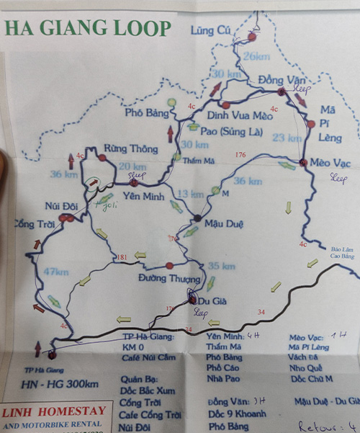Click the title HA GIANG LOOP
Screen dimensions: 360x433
click(88, 28)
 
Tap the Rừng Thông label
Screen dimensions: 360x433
click(130, 148)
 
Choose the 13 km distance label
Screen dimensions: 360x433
click(190, 194)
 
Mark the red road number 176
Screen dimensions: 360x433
click(240, 154)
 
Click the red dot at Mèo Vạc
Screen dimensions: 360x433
click(303, 163)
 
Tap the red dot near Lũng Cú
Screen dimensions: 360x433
click(252, 36)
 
